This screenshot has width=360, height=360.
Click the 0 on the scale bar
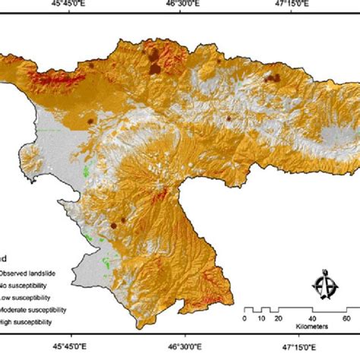coord(243,319)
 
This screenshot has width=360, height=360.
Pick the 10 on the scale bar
coord(260,319)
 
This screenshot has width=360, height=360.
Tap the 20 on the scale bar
coord(278,319)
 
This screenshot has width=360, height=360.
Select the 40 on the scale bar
coord(313,319)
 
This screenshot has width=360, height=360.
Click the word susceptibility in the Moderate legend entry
coord(50,310)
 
